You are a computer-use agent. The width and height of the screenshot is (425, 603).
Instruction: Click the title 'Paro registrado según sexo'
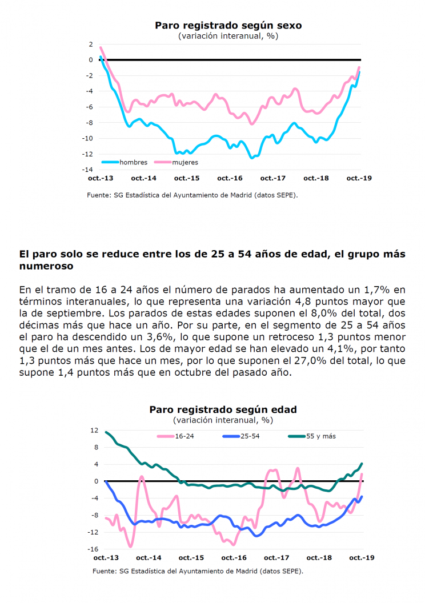(x=228, y=25)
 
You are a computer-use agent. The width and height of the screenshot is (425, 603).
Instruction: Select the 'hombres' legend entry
(x=125, y=162)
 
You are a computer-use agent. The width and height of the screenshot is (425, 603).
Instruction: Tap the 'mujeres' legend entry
(x=177, y=162)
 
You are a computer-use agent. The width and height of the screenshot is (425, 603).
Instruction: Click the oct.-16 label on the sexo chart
(x=230, y=178)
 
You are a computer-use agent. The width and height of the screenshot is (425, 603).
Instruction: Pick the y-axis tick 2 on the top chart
(x=91, y=44)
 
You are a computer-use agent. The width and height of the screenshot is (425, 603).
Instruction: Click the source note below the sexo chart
(x=193, y=195)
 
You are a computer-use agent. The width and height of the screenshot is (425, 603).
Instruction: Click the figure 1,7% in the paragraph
(x=378, y=290)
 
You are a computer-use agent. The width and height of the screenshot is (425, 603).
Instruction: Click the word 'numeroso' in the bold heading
(x=46, y=266)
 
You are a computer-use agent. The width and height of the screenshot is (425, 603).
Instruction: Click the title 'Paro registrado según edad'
(x=223, y=409)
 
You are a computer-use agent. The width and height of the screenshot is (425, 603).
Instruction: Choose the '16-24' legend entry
(x=176, y=436)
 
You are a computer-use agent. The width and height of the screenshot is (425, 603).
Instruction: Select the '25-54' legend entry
(x=241, y=436)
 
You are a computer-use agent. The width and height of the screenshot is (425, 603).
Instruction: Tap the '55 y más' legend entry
(x=312, y=436)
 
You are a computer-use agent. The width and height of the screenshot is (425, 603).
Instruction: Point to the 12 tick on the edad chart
(x=94, y=431)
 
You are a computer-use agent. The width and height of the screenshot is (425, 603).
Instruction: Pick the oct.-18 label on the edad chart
(x=319, y=558)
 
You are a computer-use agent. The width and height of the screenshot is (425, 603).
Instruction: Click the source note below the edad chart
(x=198, y=571)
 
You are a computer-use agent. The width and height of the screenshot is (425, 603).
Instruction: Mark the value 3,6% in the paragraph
(x=161, y=337)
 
